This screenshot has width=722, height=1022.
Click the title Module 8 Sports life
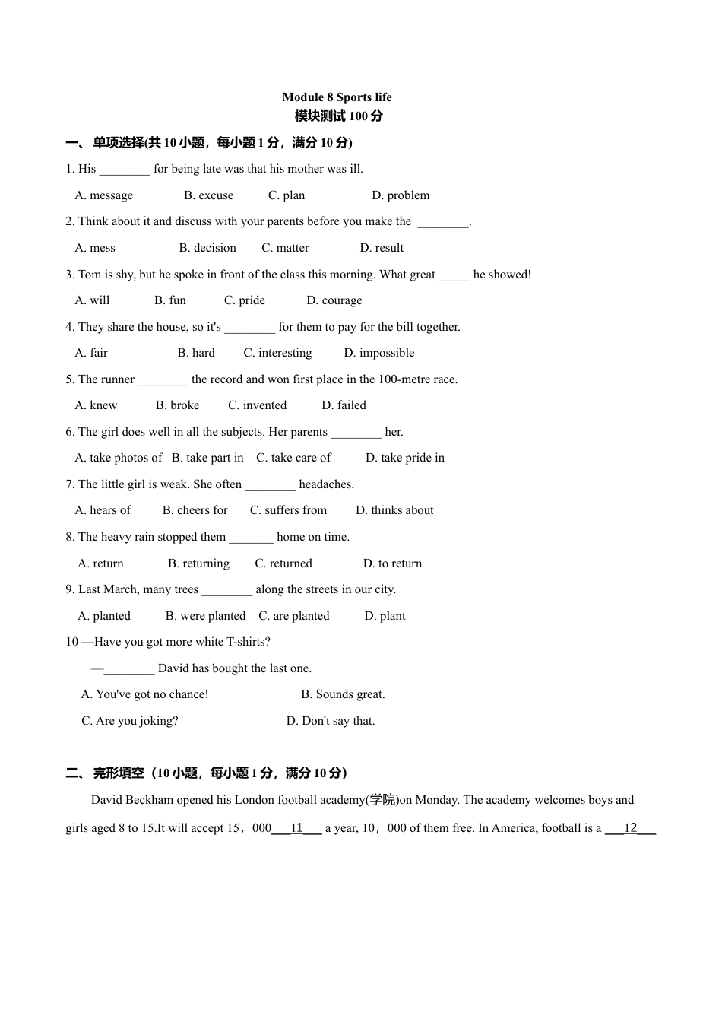(337, 97)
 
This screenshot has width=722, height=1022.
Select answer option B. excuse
(208, 195)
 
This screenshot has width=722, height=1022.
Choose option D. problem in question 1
(401, 195)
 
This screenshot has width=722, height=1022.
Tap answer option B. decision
(207, 248)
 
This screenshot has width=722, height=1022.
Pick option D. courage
(334, 300)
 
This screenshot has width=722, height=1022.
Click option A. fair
(91, 353)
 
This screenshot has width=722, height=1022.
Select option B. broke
(177, 405)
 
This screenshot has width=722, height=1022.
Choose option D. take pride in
(404, 458)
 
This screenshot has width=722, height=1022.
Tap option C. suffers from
(288, 510)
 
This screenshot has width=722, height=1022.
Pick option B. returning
(198, 563)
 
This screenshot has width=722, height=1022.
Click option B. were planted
(205, 616)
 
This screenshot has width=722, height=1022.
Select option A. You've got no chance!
(144, 694)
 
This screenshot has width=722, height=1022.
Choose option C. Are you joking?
(130, 721)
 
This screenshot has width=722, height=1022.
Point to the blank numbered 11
(297, 828)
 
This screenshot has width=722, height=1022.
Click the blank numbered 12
(630, 828)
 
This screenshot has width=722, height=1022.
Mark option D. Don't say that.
(331, 721)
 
